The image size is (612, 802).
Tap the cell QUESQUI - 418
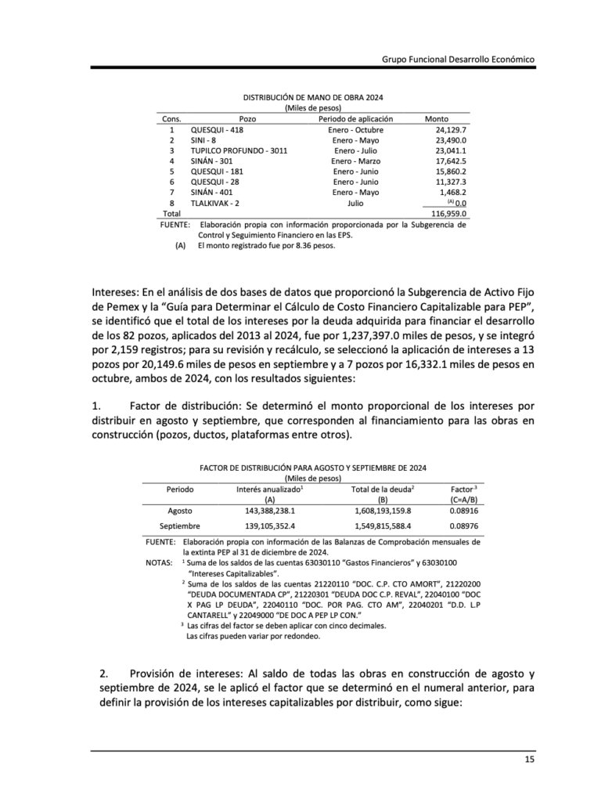tap(217, 129)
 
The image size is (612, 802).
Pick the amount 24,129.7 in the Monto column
tap(451, 129)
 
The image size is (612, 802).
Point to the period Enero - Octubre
tap(356, 129)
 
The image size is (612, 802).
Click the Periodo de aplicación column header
tap(356, 119)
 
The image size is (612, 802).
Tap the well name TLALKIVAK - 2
tap(215, 202)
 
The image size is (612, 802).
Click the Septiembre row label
tap(180, 526)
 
